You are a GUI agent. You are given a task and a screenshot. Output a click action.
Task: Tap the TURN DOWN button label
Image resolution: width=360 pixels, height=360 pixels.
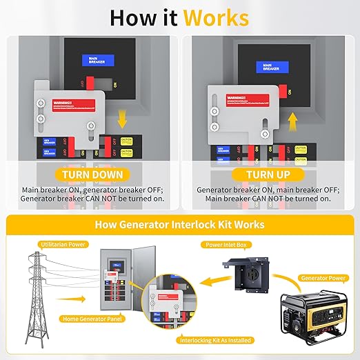coord(92,174)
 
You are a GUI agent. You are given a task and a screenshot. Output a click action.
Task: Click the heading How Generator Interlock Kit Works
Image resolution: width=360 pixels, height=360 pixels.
coord(179,225)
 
